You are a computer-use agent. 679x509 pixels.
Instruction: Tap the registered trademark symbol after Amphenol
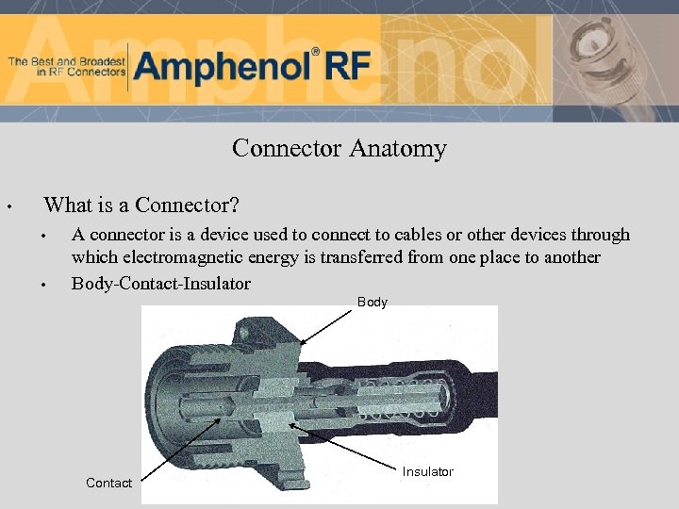coord(316,52)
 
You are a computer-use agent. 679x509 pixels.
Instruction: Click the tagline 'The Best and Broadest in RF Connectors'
coord(66,66)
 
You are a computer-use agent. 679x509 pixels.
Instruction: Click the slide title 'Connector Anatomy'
coord(339,149)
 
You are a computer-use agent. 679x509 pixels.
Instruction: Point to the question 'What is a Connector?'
coord(141,205)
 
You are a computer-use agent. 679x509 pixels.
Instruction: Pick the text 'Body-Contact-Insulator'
coord(161,284)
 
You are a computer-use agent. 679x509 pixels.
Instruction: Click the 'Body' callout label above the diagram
coord(372,303)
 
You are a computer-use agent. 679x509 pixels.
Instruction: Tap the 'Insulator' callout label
coord(427,471)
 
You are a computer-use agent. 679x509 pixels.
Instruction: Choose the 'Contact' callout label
coord(108,483)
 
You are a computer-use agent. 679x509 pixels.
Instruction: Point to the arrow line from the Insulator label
coord(349,446)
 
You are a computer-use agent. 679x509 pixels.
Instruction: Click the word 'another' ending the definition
coord(569,258)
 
